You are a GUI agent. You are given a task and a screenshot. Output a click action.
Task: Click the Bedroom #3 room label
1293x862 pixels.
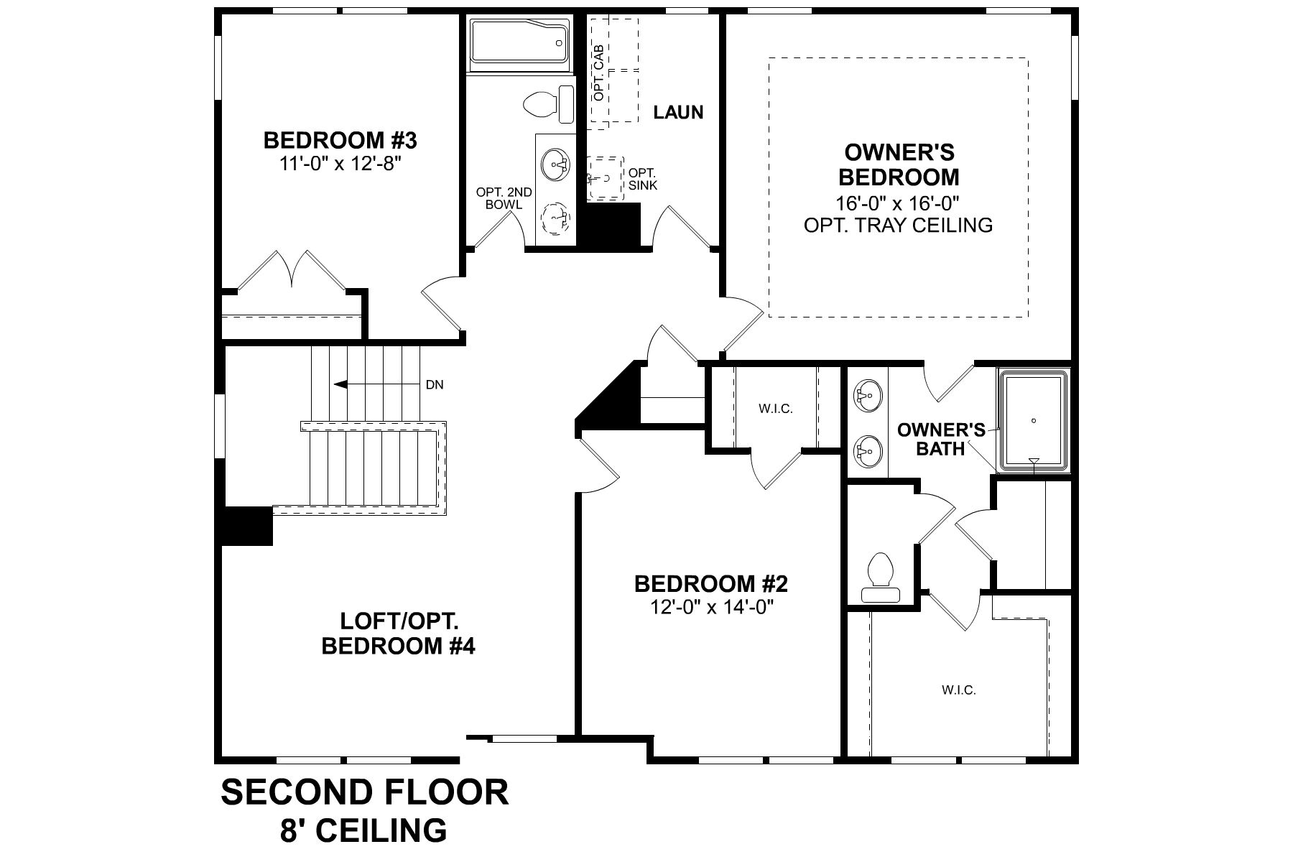pyautogui.click(x=340, y=139)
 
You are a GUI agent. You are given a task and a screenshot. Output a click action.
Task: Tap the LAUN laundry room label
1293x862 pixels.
pyautogui.click(x=678, y=113)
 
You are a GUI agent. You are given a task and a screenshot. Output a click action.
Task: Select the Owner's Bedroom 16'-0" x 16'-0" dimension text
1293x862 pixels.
pyautogui.click(x=898, y=202)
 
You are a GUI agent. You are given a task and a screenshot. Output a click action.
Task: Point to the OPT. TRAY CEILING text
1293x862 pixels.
pyautogui.click(x=898, y=225)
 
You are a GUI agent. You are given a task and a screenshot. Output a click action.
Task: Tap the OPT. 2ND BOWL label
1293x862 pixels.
pyautogui.click(x=504, y=198)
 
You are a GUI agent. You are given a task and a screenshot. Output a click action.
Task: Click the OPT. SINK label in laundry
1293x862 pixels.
pyautogui.click(x=642, y=179)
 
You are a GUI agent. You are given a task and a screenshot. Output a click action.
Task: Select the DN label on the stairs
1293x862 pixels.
pyautogui.click(x=435, y=385)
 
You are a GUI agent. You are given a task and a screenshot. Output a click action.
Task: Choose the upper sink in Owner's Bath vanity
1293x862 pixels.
pyautogui.click(x=866, y=395)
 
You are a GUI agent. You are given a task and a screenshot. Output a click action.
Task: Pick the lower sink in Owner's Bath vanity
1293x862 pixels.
pyautogui.click(x=866, y=450)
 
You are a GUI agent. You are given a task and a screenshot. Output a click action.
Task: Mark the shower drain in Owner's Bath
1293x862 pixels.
pyautogui.click(x=1034, y=421)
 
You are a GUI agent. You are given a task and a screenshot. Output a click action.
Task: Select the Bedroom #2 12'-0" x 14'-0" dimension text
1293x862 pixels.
pyautogui.click(x=710, y=608)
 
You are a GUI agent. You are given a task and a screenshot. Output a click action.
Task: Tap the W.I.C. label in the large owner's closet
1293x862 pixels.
pyautogui.click(x=958, y=690)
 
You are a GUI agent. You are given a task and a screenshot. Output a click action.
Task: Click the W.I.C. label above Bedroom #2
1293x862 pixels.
pyautogui.click(x=775, y=409)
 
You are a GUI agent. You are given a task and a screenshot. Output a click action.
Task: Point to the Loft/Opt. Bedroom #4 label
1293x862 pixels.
pyautogui.click(x=398, y=634)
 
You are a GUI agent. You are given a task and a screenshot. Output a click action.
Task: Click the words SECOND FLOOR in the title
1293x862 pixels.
pyautogui.click(x=364, y=793)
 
